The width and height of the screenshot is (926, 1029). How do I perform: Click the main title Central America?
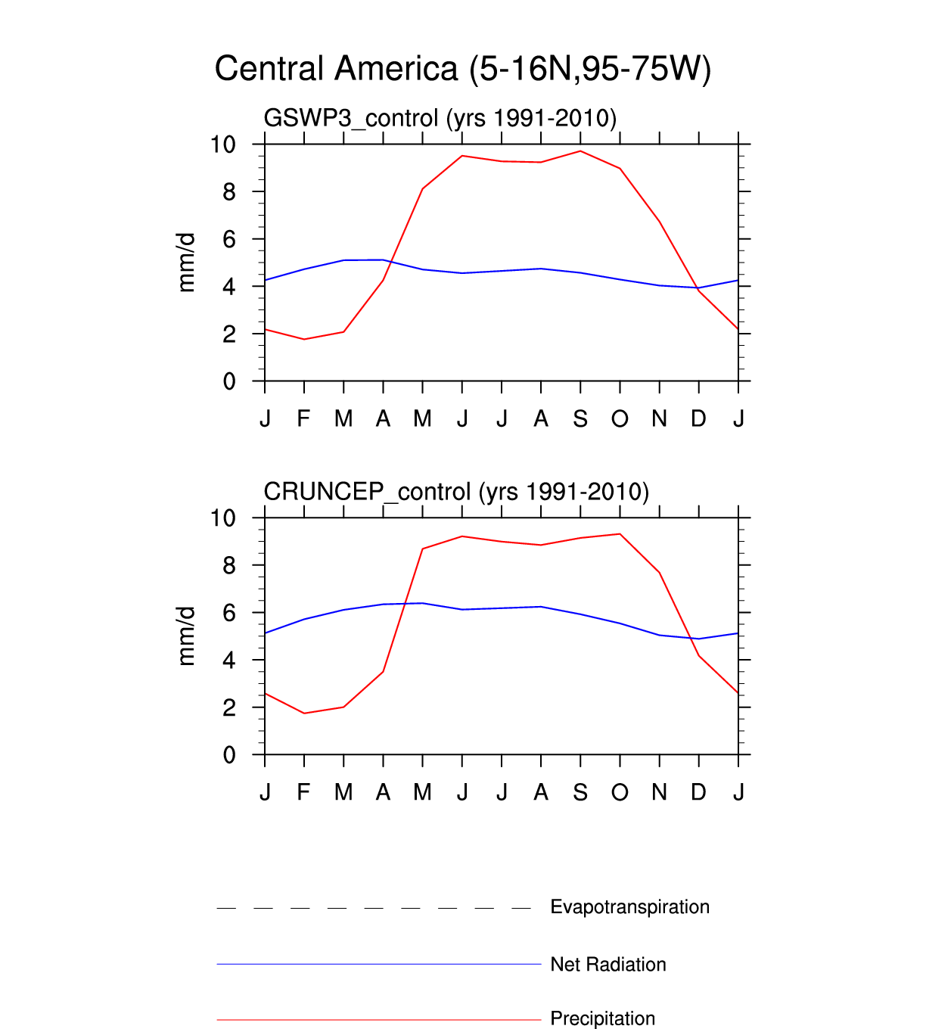click(462, 69)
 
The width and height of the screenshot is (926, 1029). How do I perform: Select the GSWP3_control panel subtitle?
click(440, 118)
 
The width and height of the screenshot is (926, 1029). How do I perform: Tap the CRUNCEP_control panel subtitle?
click(456, 492)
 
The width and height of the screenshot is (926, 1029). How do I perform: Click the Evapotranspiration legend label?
click(629, 907)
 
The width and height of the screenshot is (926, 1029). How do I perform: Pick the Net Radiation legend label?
click(608, 965)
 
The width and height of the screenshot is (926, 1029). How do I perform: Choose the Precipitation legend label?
click(602, 1018)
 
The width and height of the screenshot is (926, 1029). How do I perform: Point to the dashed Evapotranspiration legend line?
click(374, 908)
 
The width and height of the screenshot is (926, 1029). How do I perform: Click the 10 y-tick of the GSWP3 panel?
click(223, 145)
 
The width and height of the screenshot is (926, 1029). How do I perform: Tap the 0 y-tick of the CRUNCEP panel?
click(229, 755)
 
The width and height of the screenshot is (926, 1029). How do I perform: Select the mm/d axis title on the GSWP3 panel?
click(186, 263)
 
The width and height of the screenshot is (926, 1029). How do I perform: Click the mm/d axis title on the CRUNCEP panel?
click(186, 636)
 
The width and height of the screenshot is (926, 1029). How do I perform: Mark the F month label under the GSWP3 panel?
click(303, 418)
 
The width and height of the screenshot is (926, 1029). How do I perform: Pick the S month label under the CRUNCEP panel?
click(580, 792)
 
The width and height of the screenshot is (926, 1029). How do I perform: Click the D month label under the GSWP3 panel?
click(698, 418)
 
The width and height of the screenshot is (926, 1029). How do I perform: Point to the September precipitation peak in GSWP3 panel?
click(580, 151)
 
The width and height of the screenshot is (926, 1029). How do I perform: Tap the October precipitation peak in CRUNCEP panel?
click(620, 534)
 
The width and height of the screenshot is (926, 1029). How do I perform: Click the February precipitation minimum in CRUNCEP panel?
click(304, 713)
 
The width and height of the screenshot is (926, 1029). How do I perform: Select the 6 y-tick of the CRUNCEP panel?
click(229, 613)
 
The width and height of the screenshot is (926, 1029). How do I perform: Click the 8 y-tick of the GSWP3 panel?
click(229, 192)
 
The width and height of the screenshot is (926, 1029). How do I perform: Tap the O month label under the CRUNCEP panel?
click(620, 792)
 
